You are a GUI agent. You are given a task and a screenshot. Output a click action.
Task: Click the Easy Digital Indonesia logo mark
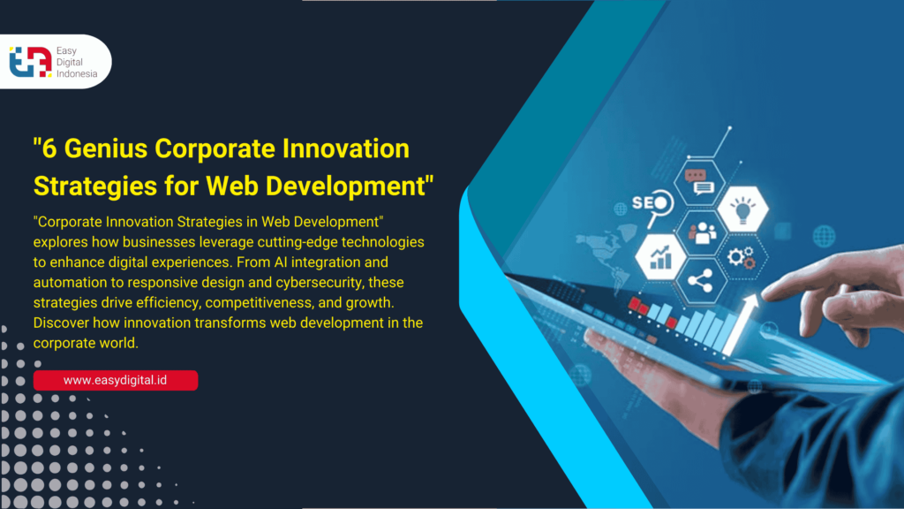pos(31,62)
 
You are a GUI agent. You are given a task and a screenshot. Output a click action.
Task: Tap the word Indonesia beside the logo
pos(77,74)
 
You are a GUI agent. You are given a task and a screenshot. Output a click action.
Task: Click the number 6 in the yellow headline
pos(49,148)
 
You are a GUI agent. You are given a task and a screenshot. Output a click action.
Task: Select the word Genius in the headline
pos(106,148)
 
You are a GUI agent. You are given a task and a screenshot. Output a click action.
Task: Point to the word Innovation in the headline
pos(346,148)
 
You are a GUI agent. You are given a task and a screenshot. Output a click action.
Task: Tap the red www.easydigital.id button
pos(116,380)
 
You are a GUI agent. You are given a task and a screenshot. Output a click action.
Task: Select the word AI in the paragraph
pos(281,262)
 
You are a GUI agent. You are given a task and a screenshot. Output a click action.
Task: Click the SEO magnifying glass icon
pos(653,206)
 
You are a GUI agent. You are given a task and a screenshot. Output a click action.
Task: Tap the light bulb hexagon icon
pos(743,209)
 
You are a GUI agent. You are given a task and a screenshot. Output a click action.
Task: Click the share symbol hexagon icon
pos(700,281)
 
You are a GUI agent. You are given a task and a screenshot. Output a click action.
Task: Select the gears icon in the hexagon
pos(742,257)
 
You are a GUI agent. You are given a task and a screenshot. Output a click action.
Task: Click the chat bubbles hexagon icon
pos(699,182)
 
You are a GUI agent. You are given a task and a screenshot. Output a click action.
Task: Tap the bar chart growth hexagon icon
pos(660,257)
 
